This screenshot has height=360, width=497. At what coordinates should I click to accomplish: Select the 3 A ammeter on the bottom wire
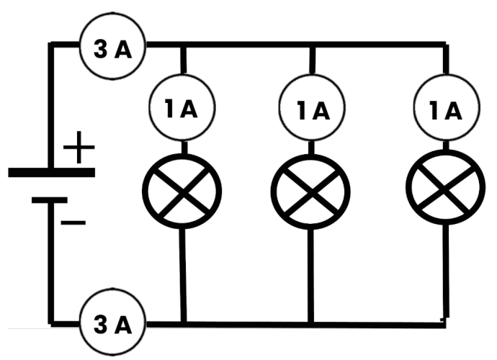pos(112,325)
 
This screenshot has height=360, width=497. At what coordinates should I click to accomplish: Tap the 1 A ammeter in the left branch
pos(182,109)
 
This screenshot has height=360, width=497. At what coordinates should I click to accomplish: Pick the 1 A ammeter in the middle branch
pos(310,109)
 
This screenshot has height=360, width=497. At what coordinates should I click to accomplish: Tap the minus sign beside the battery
pos(73,222)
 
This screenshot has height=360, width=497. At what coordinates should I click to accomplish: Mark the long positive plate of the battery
pos(51,172)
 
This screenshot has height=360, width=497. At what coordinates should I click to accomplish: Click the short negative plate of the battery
pos(50,199)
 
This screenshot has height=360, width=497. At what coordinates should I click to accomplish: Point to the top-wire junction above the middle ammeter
pos(310,46)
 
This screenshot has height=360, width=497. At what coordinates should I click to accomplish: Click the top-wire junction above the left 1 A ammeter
pos(182,46)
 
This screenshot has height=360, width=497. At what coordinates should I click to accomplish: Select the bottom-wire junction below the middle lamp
pos(310,322)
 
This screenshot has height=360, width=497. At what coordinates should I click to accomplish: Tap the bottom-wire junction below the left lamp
pos(182,322)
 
